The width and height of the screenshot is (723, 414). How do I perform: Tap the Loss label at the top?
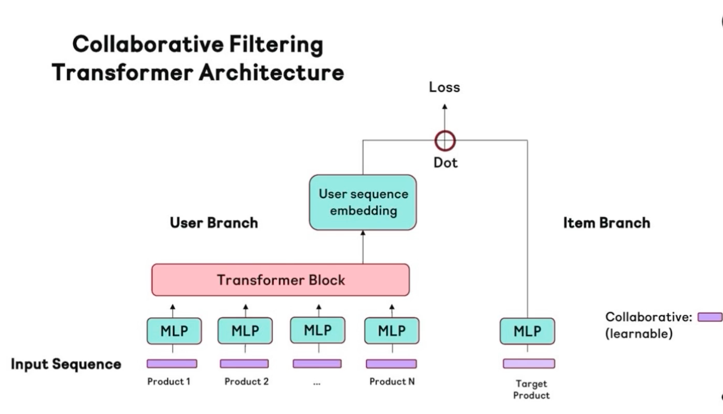[444, 87]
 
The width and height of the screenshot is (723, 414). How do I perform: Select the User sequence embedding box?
[363, 202]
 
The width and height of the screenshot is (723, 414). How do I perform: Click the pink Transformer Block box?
[280, 280]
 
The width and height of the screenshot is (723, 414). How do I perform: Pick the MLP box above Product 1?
[174, 331]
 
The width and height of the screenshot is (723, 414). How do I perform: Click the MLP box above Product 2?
[245, 331]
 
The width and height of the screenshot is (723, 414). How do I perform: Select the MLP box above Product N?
[392, 331]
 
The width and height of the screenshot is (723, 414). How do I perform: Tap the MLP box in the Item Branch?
[527, 331]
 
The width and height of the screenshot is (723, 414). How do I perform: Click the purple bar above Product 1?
[172, 364]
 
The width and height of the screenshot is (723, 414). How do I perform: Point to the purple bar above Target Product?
[529, 364]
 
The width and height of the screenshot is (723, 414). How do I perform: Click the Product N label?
[392, 382]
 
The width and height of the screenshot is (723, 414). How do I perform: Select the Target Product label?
[531, 390]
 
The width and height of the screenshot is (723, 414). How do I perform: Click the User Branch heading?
[213, 223]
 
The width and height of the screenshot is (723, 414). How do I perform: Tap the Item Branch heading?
[606, 223]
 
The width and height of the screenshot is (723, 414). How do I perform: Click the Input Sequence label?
[66, 364]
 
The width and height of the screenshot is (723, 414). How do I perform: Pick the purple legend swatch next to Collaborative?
[710, 317]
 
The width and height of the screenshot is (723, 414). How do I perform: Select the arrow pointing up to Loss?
[444, 116]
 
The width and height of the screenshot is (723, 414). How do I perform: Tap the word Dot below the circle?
[446, 163]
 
